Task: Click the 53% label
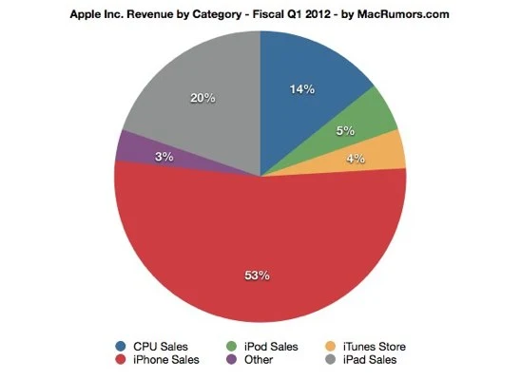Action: click(x=258, y=275)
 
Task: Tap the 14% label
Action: click(x=302, y=89)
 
